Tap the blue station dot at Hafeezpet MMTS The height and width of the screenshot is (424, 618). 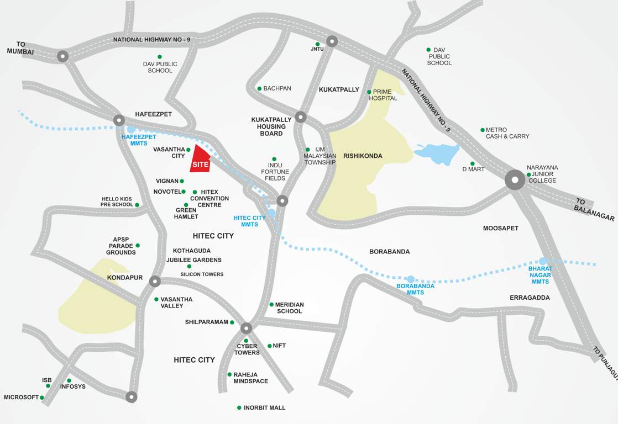click(x=131, y=129)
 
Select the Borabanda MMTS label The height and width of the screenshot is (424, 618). click(x=415, y=289)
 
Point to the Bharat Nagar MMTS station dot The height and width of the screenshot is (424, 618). click(x=543, y=261)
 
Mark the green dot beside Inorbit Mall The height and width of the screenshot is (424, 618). click(x=239, y=408)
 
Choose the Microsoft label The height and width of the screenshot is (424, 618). click(x=21, y=397)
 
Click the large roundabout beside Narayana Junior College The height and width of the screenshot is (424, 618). click(x=515, y=179)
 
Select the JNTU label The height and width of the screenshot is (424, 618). click(x=317, y=50)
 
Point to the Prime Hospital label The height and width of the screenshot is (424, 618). click(x=385, y=95)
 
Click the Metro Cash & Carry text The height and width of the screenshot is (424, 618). click(x=507, y=133)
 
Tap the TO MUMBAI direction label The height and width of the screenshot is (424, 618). click(x=20, y=48)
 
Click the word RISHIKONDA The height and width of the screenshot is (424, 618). click(x=363, y=156)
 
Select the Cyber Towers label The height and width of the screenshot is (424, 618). click(x=247, y=349)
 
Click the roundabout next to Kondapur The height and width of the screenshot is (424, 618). click(x=155, y=281)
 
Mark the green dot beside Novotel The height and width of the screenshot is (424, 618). click(x=184, y=192)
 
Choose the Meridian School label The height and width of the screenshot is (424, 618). click(x=290, y=308)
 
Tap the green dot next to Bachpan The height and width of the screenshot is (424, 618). click(x=259, y=88)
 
